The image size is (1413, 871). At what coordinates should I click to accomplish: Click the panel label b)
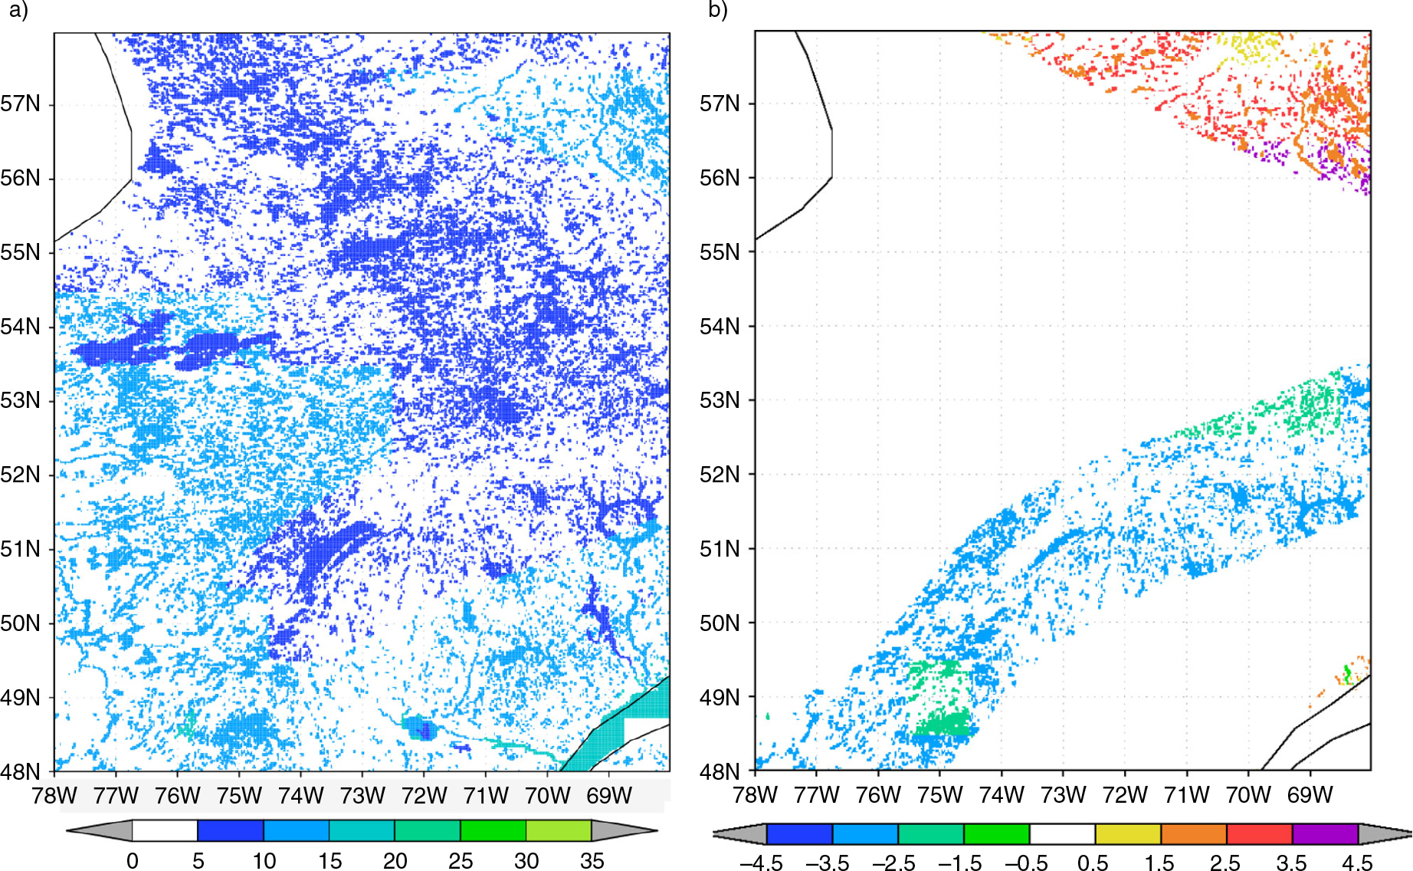coord(717,10)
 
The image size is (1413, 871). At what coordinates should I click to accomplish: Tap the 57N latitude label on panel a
coord(20,104)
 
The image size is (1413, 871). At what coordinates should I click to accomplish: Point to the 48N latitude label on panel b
coord(719,772)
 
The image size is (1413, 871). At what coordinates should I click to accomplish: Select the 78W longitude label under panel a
coord(54,796)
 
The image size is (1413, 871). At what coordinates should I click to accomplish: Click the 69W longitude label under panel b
coord(1310,795)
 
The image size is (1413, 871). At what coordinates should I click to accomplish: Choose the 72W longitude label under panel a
coord(424,796)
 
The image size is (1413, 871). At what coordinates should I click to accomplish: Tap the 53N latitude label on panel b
coord(719,400)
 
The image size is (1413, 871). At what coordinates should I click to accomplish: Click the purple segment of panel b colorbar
coord(1325,834)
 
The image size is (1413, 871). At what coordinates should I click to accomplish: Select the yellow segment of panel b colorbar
coord(1128,834)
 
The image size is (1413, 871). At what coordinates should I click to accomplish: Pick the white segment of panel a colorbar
coord(165,830)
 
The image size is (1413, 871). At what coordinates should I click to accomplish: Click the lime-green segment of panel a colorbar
coord(559,830)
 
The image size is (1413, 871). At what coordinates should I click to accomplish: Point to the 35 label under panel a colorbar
coord(592,861)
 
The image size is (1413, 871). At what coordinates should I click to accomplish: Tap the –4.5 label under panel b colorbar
coord(762,863)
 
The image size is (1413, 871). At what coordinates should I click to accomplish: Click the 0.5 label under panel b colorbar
coord(1093,863)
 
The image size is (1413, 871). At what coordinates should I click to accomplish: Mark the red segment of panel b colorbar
coord(1259,834)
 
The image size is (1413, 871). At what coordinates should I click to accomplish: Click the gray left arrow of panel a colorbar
coord(100,830)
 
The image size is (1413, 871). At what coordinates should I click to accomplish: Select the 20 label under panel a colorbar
coord(395,861)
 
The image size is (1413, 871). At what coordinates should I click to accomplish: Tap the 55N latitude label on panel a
coord(20,252)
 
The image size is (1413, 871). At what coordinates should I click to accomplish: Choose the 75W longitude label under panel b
coord(939,795)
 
